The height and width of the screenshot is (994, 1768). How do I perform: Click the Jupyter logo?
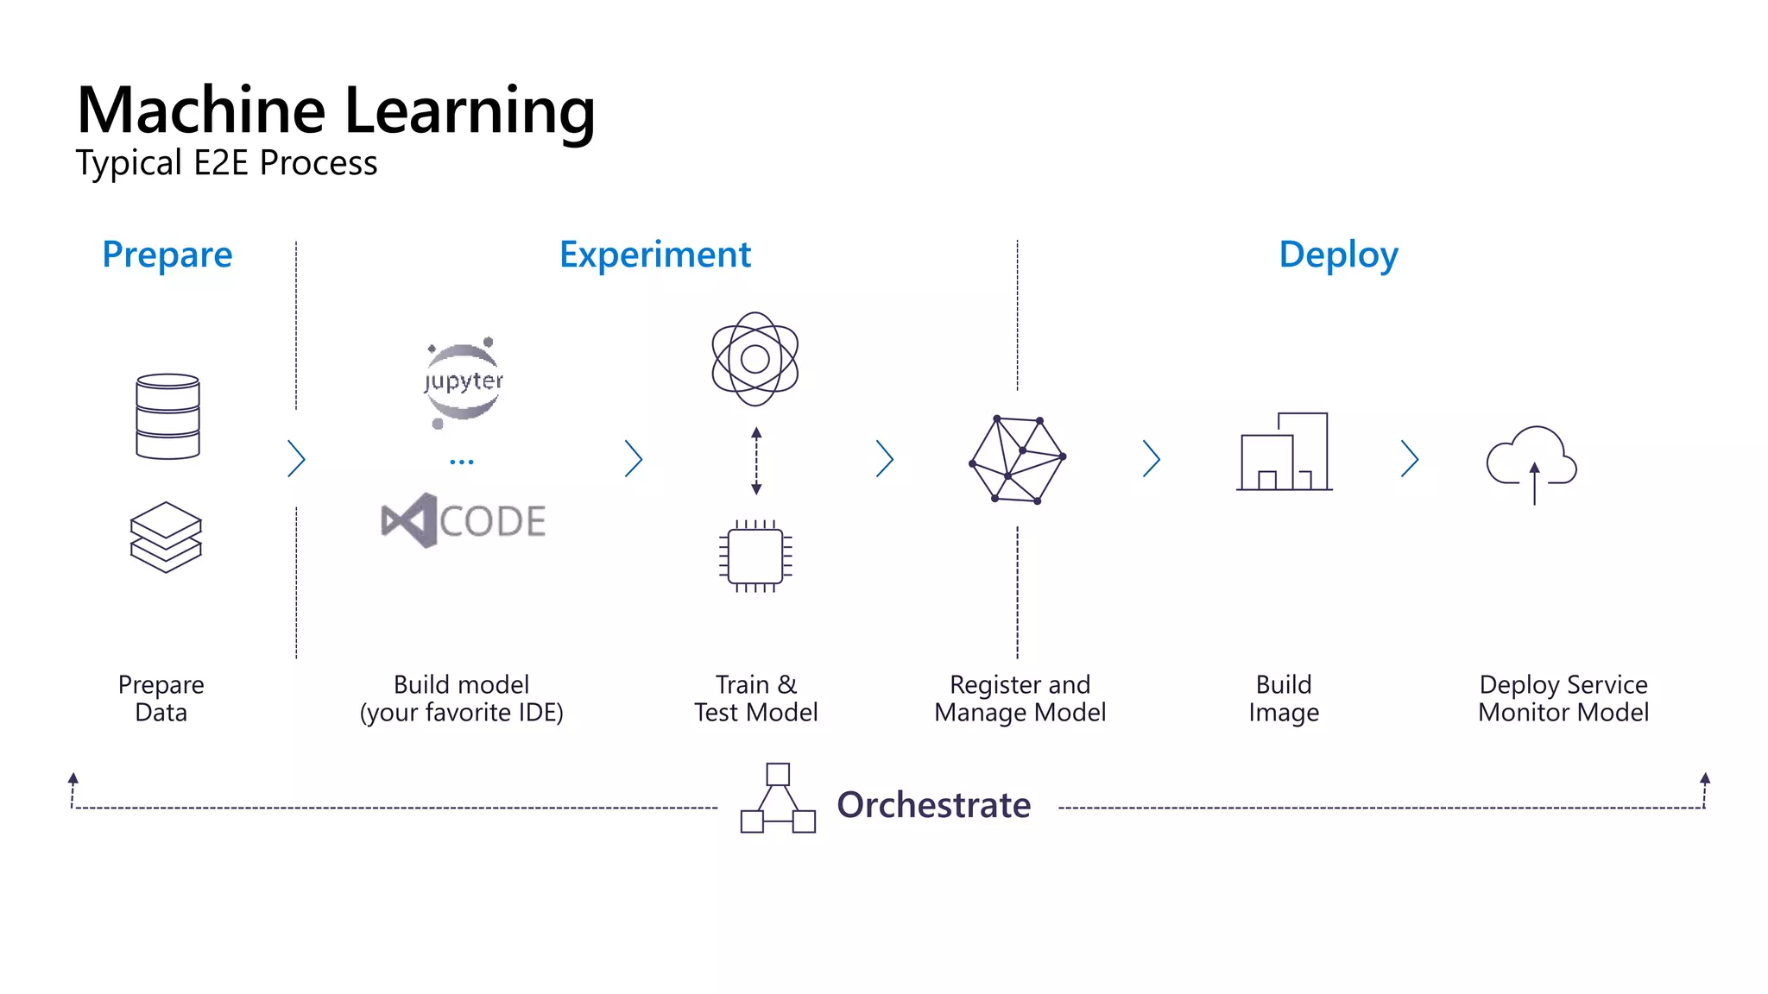tap(464, 382)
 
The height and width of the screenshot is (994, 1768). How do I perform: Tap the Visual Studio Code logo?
tap(464, 520)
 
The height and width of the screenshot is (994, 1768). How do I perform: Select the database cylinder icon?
tap(167, 416)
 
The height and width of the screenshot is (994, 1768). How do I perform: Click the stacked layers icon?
tap(166, 537)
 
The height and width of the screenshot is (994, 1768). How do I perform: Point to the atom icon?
tap(755, 359)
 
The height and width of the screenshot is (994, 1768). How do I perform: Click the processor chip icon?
tap(755, 556)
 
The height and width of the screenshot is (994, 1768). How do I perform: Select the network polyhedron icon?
tap(1018, 460)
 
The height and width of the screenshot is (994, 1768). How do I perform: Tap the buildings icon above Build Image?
tap(1285, 451)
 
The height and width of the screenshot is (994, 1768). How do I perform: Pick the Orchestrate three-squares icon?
tap(778, 798)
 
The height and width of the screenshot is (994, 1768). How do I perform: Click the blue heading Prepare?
tap(167, 255)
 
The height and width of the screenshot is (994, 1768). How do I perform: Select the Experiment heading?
tap(655, 255)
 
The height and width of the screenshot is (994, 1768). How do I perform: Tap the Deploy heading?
tap(1338, 255)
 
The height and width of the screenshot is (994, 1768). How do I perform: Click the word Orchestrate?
tap(933, 805)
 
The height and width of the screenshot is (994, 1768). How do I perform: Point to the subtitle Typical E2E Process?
tap(226, 163)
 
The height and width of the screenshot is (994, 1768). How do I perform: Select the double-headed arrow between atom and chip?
tap(756, 461)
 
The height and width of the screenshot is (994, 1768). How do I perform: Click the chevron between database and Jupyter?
tap(296, 459)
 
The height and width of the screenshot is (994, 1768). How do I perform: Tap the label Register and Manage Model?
tap(1020, 698)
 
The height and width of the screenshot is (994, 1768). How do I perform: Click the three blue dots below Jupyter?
tap(462, 462)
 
